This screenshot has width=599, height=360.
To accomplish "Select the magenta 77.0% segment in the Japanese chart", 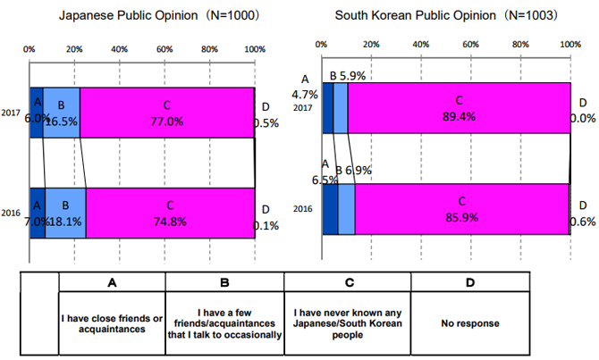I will (167, 112).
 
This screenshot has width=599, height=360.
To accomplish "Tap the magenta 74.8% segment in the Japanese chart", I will (170, 213).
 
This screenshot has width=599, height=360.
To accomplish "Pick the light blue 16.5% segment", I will (62, 112).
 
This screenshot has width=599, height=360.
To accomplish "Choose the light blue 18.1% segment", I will (65, 213).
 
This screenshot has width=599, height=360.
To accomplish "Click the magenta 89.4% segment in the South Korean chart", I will (459, 108).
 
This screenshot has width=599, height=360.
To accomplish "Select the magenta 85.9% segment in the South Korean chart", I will (460, 209).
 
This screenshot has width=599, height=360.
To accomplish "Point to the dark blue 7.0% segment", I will (37, 213).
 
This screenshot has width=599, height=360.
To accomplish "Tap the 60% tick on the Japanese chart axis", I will (165, 48).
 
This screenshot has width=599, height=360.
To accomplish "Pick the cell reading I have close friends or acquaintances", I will (112, 323).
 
